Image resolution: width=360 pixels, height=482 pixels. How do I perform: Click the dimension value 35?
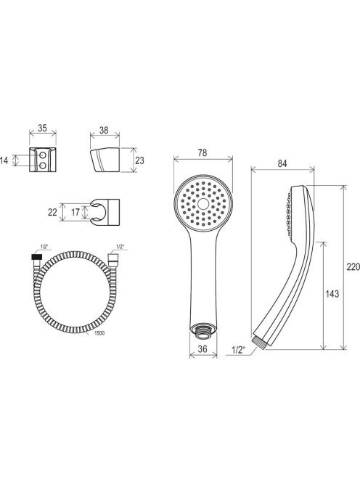click(42, 128)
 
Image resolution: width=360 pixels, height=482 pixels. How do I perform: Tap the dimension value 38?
click(104, 130)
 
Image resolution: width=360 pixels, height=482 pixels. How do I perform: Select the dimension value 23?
click(139, 160)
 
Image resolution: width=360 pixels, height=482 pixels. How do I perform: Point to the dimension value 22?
click(52, 212)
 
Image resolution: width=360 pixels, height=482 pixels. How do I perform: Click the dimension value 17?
click(75, 212)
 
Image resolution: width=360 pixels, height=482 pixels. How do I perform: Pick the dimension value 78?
click(202, 152)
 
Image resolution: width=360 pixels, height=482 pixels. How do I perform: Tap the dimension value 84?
click(282, 163)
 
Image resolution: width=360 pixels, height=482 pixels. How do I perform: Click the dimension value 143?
click(332, 294)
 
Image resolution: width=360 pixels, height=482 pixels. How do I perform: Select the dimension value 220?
click(353, 267)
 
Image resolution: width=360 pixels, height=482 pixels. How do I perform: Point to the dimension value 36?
click(202, 349)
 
